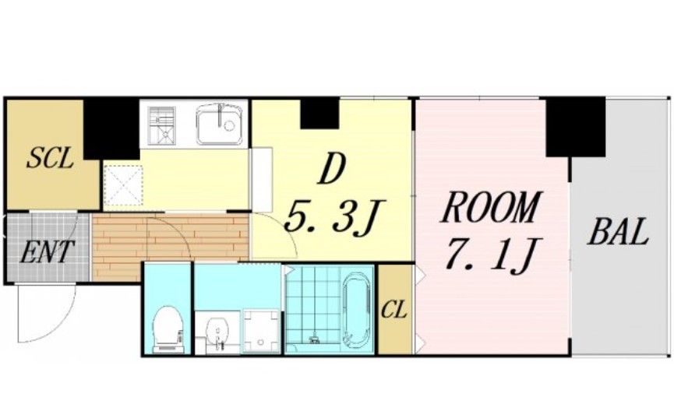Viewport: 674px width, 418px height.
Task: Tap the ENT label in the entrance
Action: [48, 251]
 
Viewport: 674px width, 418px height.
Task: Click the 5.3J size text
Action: [334, 218]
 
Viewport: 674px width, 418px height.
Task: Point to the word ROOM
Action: [489, 208]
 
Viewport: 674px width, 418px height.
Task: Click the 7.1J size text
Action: [492, 255]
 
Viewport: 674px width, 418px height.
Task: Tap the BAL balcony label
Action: [618, 232]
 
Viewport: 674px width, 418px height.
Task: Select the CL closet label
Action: [393, 309]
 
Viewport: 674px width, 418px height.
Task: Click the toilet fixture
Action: [168, 329]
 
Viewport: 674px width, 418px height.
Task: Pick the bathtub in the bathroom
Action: [357, 308]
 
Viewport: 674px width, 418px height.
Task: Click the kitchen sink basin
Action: [219, 124]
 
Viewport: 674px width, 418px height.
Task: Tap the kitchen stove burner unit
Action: [161, 125]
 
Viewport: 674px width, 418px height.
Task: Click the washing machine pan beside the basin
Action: [261, 332]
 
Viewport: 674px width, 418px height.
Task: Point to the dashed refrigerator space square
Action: [123, 185]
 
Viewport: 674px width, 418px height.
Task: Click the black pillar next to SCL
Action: [111, 129]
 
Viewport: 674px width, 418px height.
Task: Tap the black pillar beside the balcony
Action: [576, 127]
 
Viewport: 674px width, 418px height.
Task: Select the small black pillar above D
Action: [319, 113]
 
